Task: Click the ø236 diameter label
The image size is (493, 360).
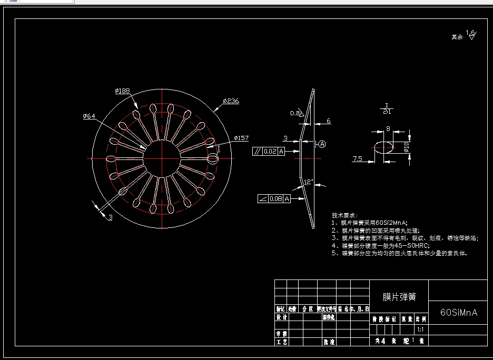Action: (x=231, y=101)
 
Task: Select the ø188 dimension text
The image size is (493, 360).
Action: (x=122, y=91)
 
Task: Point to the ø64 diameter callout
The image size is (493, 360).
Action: (x=89, y=116)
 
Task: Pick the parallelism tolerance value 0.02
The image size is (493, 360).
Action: (x=270, y=152)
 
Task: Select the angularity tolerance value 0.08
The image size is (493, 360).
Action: (x=275, y=198)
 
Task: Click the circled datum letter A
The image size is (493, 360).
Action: (x=322, y=144)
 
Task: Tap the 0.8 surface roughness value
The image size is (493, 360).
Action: (x=294, y=113)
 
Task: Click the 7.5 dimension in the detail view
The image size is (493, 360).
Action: (x=358, y=158)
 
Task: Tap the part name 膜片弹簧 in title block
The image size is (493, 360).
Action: (x=399, y=297)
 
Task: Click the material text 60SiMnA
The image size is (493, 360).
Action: (x=458, y=312)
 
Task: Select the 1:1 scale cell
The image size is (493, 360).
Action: (x=420, y=329)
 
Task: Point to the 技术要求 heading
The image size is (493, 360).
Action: (x=344, y=216)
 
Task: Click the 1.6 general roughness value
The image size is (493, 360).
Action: (x=470, y=33)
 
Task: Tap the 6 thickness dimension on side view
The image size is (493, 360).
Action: (x=329, y=121)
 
